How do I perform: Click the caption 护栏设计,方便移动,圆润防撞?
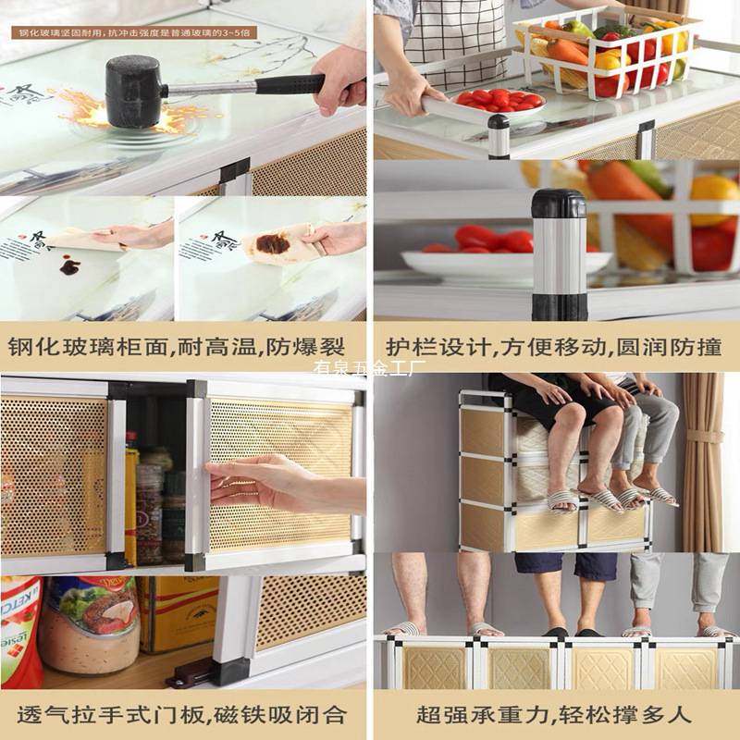(x=553, y=347)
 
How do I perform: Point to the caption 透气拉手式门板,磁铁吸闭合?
(x=180, y=714)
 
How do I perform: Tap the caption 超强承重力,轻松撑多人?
(x=553, y=714)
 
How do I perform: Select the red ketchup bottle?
(x=18, y=629)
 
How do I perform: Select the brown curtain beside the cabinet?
(x=703, y=462)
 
